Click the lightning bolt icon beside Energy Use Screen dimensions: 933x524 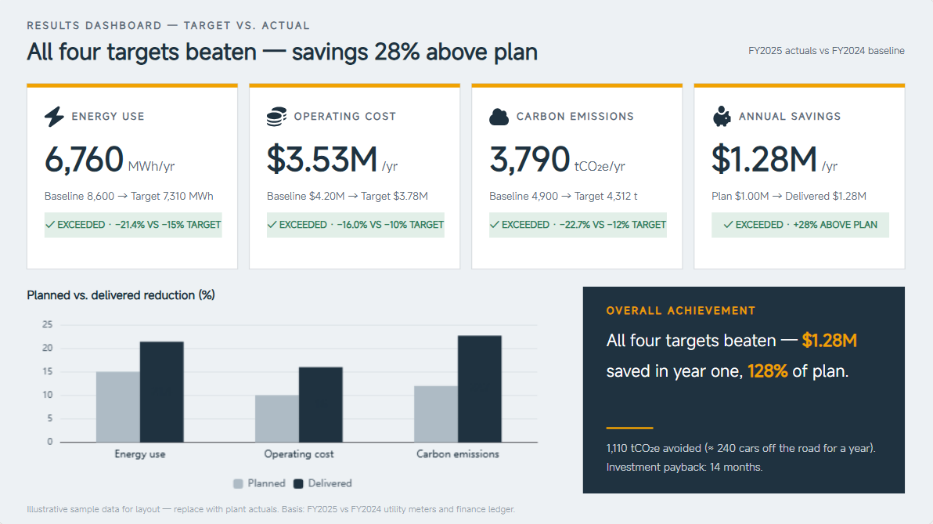coord(54,116)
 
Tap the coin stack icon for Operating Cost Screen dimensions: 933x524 coord(276,116)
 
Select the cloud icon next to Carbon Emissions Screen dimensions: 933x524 coord(499,117)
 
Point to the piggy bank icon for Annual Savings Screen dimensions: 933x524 coord(721,116)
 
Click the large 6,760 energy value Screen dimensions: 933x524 coord(84,159)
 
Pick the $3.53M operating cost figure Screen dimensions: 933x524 coord(322,159)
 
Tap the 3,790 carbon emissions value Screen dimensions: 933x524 coord(530,159)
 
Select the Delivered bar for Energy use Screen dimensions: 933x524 coord(162,392)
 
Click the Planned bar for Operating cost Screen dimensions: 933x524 coord(276,418)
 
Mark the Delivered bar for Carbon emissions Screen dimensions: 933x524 coord(480,388)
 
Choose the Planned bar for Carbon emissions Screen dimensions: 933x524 coord(436,414)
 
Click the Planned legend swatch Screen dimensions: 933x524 coord(238,483)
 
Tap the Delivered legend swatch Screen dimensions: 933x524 coord(299,483)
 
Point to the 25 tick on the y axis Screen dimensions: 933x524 coord(48,324)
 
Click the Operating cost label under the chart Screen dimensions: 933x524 coord(299,454)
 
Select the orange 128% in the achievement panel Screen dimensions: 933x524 coord(768,371)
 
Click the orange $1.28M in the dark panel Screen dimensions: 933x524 coord(830,340)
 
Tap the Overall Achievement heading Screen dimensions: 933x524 coord(681,310)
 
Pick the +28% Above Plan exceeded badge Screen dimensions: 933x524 coord(800,225)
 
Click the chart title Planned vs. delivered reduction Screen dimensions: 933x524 coord(121,295)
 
